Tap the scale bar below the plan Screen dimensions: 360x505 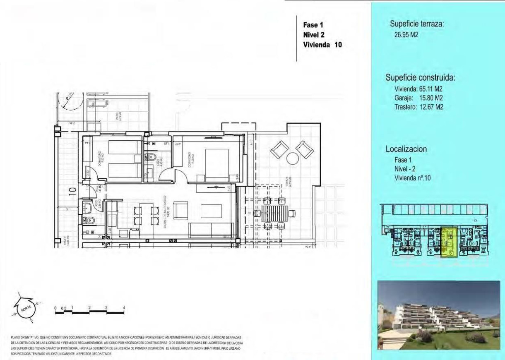point(89,311)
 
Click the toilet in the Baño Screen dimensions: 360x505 point(152,157)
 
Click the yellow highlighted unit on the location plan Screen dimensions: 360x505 point(448,242)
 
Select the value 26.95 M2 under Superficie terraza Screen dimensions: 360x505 point(406,35)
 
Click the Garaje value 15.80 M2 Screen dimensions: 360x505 point(431,98)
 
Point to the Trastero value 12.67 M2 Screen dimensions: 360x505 point(431,107)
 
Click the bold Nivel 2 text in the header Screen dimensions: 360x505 point(313,35)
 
